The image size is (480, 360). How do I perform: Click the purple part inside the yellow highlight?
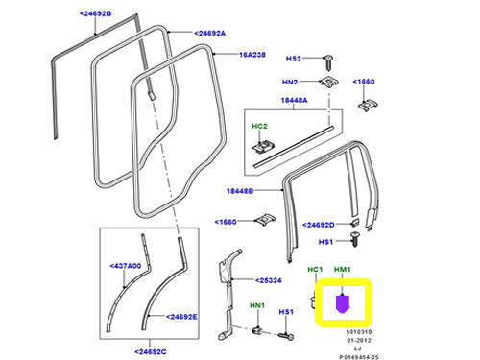point(343,305)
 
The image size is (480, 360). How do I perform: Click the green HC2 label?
point(258,125)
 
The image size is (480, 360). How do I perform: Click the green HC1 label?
point(313,271)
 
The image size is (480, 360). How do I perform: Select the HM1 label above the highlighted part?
point(343,271)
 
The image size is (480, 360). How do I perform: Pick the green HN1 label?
point(257,305)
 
